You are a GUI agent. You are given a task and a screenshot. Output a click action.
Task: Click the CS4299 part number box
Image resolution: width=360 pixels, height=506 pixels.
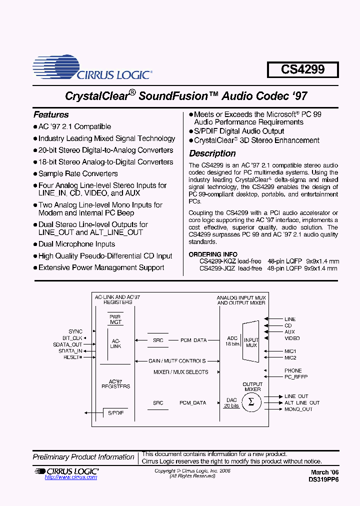[x=302, y=69]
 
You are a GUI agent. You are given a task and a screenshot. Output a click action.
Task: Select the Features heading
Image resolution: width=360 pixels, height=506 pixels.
[x=51, y=114]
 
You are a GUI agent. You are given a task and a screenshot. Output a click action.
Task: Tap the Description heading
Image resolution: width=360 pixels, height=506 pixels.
[x=212, y=153]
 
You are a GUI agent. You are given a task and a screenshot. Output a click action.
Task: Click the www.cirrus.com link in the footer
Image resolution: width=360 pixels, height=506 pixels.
[x=71, y=477]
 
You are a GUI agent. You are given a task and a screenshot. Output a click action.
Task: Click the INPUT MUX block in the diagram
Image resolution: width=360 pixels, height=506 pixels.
[x=251, y=342]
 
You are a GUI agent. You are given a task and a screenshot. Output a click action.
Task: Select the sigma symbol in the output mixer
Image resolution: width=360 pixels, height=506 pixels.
[x=251, y=402]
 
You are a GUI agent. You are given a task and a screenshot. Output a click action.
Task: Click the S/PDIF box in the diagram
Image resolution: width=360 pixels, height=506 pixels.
[x=116, y=413]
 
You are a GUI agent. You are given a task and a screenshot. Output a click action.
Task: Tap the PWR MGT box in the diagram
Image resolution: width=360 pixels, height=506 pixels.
[x=115, y=319]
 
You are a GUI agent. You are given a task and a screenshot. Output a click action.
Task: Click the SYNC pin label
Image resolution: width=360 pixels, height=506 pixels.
[x=76, y=331]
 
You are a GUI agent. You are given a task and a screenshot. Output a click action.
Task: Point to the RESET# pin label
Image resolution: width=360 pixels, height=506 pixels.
[x=72, y=357]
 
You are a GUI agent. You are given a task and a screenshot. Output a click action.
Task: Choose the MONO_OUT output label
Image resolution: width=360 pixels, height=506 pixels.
[x=298, y=409]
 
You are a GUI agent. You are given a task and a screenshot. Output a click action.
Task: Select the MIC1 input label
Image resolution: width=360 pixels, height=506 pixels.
[x=290, y=351]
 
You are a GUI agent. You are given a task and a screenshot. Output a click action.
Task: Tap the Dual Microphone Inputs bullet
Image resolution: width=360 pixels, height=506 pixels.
[x=76, y=244]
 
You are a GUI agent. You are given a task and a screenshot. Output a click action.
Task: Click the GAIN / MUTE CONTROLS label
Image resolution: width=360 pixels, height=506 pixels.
[x=177, y=361]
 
